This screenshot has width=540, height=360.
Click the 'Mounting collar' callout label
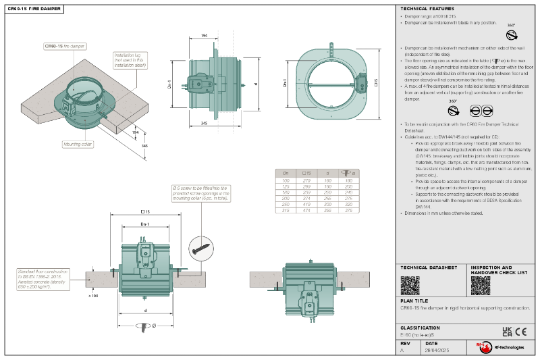[78, 144]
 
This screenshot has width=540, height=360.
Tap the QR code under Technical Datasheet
[410, 286]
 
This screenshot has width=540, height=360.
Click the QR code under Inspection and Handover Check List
[480, 286]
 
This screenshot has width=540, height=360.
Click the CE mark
[520, 331]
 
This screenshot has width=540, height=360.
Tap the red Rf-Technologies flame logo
[482, 346]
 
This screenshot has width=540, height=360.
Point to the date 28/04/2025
[437, 351]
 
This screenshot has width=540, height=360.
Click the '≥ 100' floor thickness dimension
[93, 295]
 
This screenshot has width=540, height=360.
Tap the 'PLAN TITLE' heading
[414, 301]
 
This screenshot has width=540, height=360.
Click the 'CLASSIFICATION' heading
[421, 328]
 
